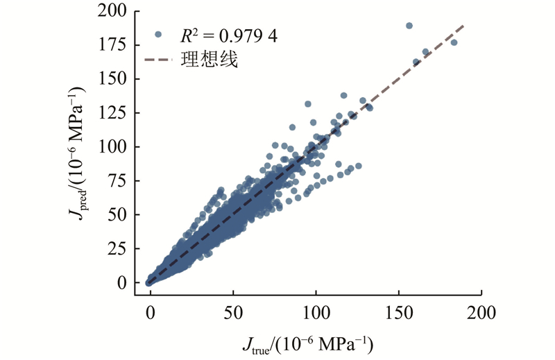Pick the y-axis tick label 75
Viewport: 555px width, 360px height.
(x=119, y=181)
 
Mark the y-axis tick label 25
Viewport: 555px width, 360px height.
(x=119, y=249)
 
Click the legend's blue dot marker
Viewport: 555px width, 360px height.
(x=157, y=34)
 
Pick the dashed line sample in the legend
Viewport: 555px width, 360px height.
(x=157, y=61)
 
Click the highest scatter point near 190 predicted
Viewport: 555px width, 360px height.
(x=409, y=26)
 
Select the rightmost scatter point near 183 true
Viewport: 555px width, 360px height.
(x=454, y=42)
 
